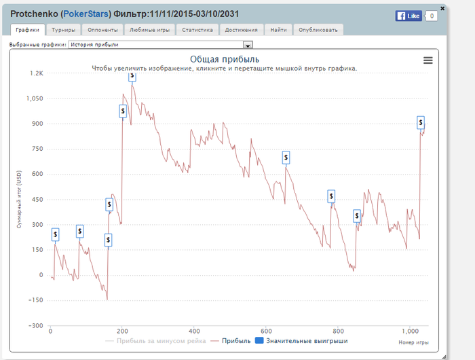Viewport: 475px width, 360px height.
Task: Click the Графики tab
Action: [28, 30]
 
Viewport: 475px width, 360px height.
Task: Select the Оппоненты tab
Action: [103, 30]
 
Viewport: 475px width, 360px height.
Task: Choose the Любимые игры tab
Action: [149, 30]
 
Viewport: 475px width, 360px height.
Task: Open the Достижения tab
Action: [241, 30]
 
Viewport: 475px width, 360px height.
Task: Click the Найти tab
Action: [278, 30]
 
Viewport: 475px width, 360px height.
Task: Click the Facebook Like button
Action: [408, 16]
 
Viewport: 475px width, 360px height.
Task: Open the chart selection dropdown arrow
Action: [248, 46]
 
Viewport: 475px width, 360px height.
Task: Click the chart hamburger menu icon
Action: [427, 60]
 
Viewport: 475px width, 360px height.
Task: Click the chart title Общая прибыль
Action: [224, 60]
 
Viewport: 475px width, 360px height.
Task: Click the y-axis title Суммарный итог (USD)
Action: [19, 199]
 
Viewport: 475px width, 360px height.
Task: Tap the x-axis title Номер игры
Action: [413, 342]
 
